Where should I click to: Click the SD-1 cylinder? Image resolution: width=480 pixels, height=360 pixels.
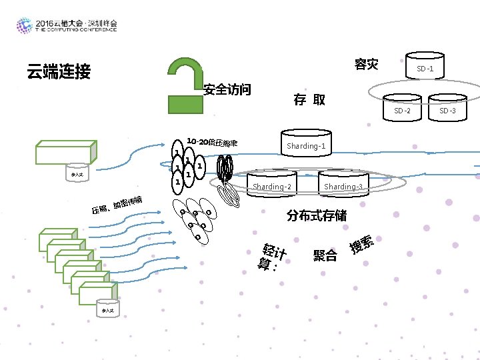pos(425,67)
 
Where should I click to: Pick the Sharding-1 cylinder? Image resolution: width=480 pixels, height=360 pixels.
pos(306,144)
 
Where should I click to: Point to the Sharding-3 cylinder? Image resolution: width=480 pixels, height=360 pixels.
pos(342,185)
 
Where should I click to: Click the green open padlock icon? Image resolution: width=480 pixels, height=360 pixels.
pos(185,87)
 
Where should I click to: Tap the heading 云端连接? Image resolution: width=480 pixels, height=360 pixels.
pos(58,72)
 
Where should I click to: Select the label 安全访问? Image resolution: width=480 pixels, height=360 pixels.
pos(227,89)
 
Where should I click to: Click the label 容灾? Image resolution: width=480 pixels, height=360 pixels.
pos(366,65)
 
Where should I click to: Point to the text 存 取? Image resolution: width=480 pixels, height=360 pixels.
pos(310,100)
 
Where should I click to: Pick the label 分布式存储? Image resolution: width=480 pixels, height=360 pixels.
pos(317,216)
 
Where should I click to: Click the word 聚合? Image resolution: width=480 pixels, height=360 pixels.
pos(325,255)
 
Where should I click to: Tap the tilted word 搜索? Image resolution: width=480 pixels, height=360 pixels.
pos(361,245)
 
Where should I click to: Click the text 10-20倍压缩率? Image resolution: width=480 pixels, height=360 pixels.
pos(212,142)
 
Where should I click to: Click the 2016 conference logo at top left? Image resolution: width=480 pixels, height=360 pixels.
pos(67,25)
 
